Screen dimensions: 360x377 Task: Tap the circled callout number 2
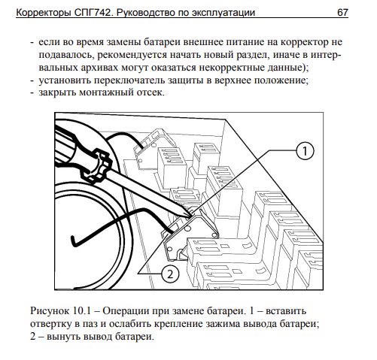169,274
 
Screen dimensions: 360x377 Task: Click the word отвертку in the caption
50,323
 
